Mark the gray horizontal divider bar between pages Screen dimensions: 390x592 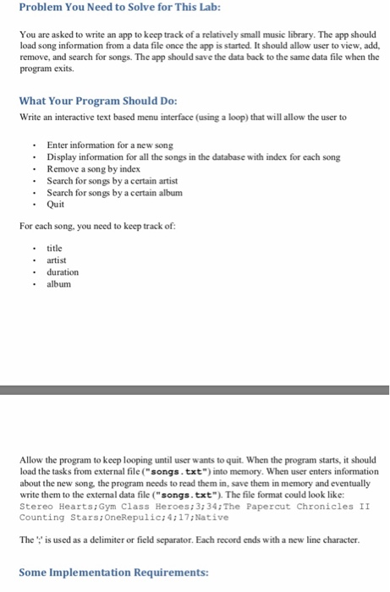point(195,390)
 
